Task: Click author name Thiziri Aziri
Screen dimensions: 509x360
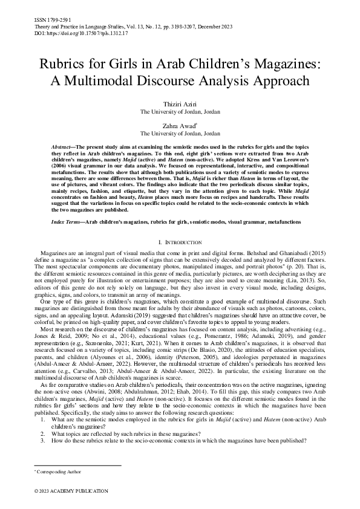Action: [180, 105]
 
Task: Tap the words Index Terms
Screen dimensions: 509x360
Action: [65, 222]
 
